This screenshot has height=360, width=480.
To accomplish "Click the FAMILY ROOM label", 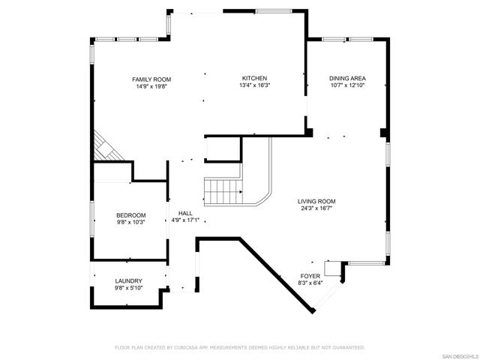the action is [x=151, y=79].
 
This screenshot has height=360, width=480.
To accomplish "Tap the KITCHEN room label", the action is [x=254, y=78].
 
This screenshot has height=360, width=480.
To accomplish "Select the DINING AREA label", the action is [x=347, y=78].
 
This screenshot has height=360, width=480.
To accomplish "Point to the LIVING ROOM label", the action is [x=316, y=202].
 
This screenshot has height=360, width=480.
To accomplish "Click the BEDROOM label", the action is [x=131, y=215].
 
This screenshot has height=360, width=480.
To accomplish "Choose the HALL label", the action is [x=185, y=213].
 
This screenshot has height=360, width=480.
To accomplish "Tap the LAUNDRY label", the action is [x=128, y=281].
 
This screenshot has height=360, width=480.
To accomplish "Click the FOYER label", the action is [x=310, y=276].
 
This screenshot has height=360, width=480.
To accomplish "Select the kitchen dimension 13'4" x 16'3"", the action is [x=255, y=85].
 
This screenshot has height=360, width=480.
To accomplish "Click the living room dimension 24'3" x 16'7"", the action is [x=316, y=208].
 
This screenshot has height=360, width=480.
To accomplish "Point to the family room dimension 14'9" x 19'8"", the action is [x=151, y=87].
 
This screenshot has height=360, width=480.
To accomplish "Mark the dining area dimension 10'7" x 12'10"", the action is [x=347, y=85].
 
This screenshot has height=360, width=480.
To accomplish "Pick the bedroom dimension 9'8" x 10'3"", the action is [x=131, y=223].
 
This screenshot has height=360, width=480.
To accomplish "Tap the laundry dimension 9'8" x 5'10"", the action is [x=128, y=288].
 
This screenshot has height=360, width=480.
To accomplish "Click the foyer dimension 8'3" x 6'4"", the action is [x=310, y=283].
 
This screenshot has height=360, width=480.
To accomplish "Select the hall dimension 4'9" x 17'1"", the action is [x=185, y=220].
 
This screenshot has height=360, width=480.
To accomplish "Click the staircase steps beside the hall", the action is [x=223, y=192].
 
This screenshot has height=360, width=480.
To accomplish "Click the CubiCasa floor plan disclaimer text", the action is [x=240, y=348].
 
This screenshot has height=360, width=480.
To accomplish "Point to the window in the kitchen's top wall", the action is [x=274, y=11].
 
